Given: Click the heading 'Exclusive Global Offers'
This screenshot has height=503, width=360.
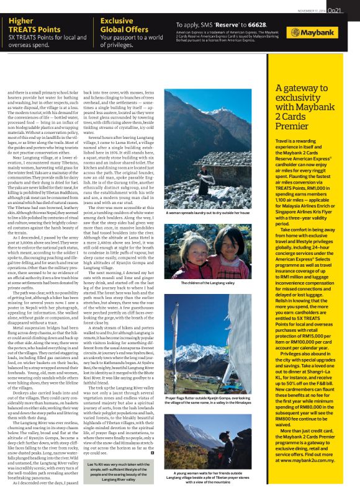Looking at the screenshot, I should [126, 24].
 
